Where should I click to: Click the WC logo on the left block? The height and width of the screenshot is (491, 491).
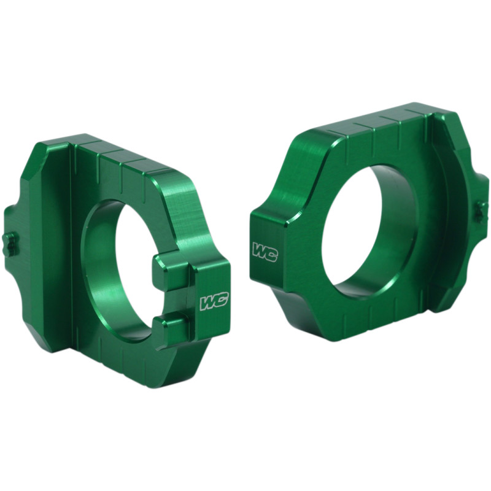214,301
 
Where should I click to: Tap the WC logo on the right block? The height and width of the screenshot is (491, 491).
264,252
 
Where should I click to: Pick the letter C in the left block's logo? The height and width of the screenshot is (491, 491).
220,301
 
